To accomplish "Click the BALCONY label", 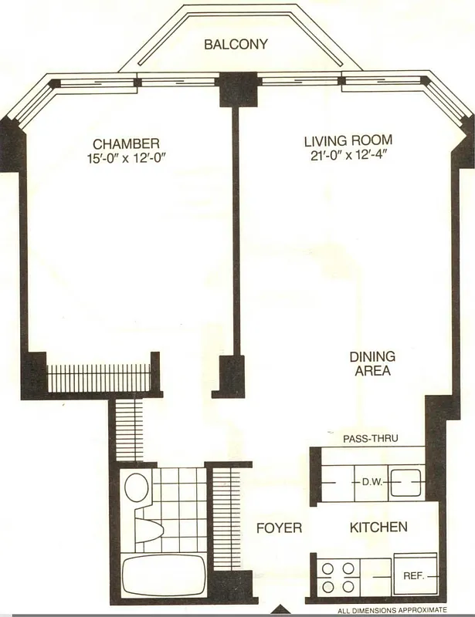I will point(236,44).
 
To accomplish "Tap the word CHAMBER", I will point(126,143).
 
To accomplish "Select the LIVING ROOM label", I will point(348,140).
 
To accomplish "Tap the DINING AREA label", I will point(372,363).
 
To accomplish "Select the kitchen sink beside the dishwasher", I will point(405,483).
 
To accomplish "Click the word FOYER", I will point(279,528).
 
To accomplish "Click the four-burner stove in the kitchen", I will point(339,577).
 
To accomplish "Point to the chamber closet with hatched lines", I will point(98,377).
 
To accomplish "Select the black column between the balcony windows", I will point(231,89).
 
